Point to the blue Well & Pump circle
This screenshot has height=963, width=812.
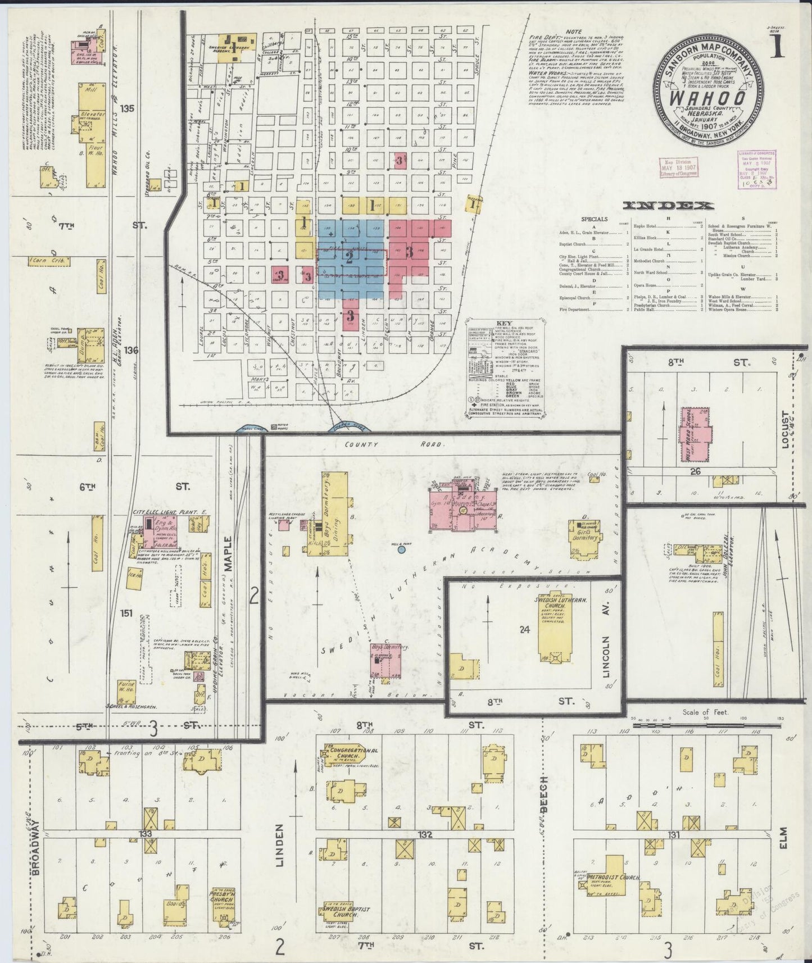coord(401,549)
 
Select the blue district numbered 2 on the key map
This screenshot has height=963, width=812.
coord(350,258)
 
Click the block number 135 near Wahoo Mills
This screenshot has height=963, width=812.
coord(130,108)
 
